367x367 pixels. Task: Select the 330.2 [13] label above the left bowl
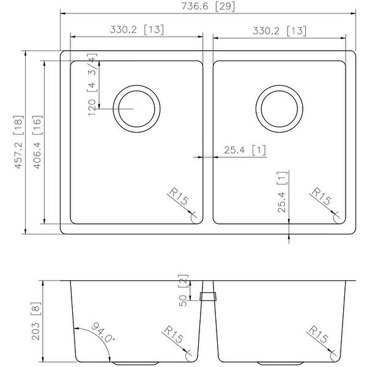136,29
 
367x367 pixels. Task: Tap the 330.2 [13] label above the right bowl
280,30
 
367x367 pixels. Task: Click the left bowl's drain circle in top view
138,108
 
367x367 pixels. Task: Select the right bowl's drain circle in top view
280,108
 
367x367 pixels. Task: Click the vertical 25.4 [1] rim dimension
282,193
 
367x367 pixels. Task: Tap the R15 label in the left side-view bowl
174,336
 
